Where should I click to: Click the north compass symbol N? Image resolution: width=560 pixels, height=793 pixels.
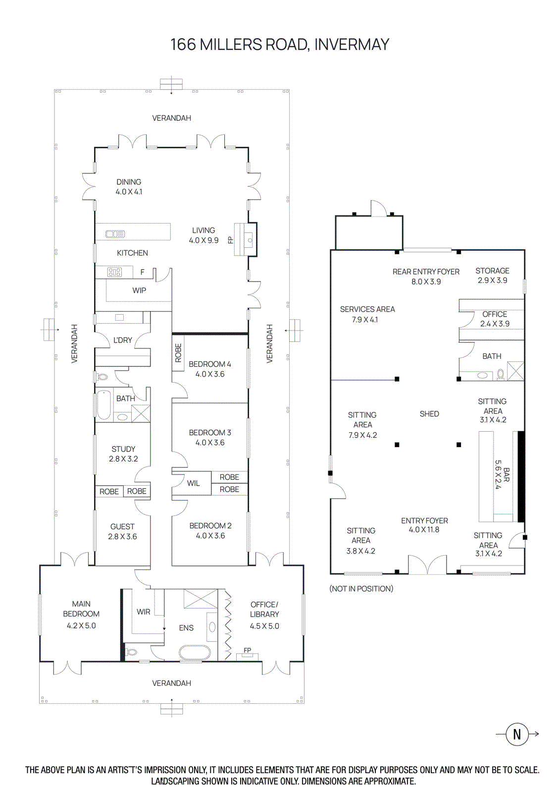(x=517, y=734)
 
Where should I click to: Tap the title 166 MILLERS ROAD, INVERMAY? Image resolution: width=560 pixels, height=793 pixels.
(x=280, y=45)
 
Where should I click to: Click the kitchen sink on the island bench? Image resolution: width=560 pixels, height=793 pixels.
(x=115, y=234)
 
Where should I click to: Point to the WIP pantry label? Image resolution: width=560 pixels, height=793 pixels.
(x=139, y=290)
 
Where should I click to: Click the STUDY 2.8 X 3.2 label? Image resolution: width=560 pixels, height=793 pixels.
(x=123, y=453)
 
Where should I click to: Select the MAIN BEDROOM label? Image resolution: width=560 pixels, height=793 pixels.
(x=81, y=614)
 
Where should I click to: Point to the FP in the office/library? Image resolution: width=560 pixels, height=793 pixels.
(x=247, y=650)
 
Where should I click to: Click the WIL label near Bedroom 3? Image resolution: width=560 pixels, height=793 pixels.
(x=194, y=483)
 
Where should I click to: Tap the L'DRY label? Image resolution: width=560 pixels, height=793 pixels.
(x=123, y=340)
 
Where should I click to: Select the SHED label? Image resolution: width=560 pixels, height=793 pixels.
(x=429, y=414)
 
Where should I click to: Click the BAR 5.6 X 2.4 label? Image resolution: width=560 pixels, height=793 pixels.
(x=502, y=475)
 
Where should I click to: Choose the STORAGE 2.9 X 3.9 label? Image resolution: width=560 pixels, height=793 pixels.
(x=492, y=276)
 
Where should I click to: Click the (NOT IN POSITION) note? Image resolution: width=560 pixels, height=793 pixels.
(x=361, y=589)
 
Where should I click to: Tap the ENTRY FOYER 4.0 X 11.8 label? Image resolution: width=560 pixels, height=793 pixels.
(x=424, y=525)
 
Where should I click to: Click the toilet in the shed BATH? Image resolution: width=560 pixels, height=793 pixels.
(x=501, y=374)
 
